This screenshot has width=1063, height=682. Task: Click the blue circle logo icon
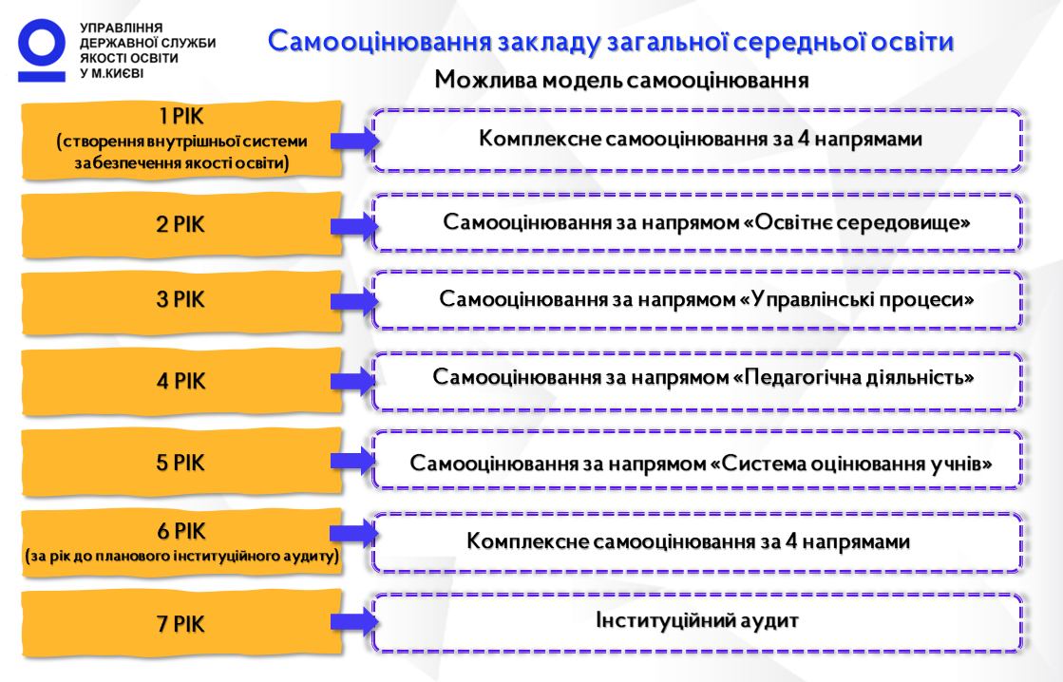coord(42,43)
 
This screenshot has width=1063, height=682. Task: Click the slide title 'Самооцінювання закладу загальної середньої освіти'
coord(611,42)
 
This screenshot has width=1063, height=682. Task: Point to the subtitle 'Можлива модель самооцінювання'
coord(621,80)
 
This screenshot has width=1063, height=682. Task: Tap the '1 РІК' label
coord(181,117)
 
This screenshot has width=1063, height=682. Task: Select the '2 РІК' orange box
coord(181,225)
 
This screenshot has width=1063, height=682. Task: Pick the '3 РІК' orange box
coord(181,301)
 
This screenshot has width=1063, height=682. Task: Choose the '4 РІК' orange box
coord(181,381)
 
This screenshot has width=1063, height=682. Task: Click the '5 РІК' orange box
coord(181,463)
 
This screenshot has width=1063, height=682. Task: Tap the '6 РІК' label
coord(181,531)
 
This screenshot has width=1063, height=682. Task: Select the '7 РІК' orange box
coord(181,623)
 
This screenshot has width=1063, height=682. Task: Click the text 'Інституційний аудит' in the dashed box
coord(697,619)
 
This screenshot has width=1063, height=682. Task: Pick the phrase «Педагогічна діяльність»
coord(853,377)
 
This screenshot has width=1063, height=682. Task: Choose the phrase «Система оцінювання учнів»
coord(851,463)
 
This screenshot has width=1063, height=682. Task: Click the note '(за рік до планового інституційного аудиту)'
coord(181,557)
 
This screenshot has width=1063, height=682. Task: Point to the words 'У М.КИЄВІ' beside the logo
coord(112,73)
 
